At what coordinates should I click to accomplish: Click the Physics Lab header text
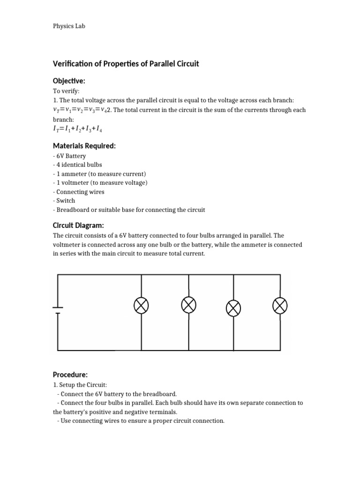(69, 26)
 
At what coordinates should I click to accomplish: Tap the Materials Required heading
(84, 146)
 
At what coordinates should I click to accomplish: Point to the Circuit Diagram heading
(78, 225)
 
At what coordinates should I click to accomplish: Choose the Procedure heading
(70, 375)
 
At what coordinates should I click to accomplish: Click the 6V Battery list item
(69, 156)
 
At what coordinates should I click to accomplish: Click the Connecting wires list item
(79, 192)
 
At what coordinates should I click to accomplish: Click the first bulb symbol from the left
(142, 306)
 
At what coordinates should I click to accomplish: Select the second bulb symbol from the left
(188, 305)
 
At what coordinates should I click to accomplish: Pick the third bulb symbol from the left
(233, 307)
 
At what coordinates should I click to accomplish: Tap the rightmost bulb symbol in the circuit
(280, 306)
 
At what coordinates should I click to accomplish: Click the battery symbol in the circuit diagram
(58, 309)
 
